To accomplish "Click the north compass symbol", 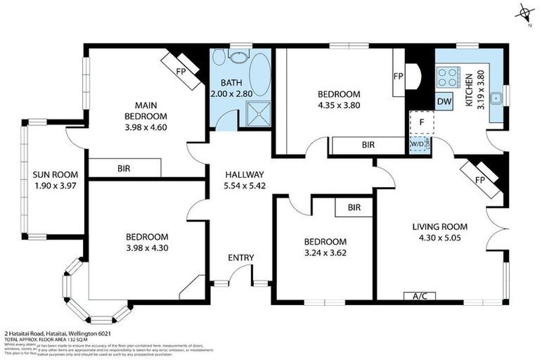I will click(523, 13).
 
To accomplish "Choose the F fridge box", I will click(421, 122).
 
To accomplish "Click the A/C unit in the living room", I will click(419, 296).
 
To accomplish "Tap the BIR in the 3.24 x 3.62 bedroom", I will click(354, 208).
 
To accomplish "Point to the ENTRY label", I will click(240, 257).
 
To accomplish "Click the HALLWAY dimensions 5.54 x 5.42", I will click(243, 186).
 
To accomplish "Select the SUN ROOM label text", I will click(55, 174).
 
